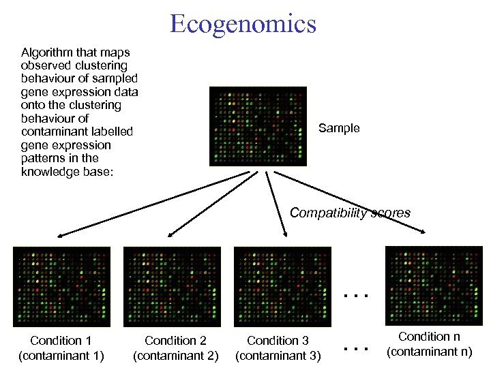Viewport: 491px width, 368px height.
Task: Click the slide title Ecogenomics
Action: point(243,24)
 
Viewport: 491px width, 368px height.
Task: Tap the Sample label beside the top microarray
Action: point(339,128)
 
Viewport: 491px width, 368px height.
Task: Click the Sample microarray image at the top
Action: point(258,127)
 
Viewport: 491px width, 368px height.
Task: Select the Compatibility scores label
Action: point(350,213)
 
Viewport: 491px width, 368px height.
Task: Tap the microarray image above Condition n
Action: point(434,285)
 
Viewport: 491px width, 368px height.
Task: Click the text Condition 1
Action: point(61,340)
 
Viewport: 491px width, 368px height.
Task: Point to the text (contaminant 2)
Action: point(175,355)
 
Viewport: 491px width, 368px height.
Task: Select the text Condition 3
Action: point(278,340)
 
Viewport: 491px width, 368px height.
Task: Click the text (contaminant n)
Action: point(430,352)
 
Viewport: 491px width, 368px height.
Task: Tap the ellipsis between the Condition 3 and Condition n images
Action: point(355,296)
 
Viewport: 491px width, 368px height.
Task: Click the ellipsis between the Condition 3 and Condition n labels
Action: point(355,348)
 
